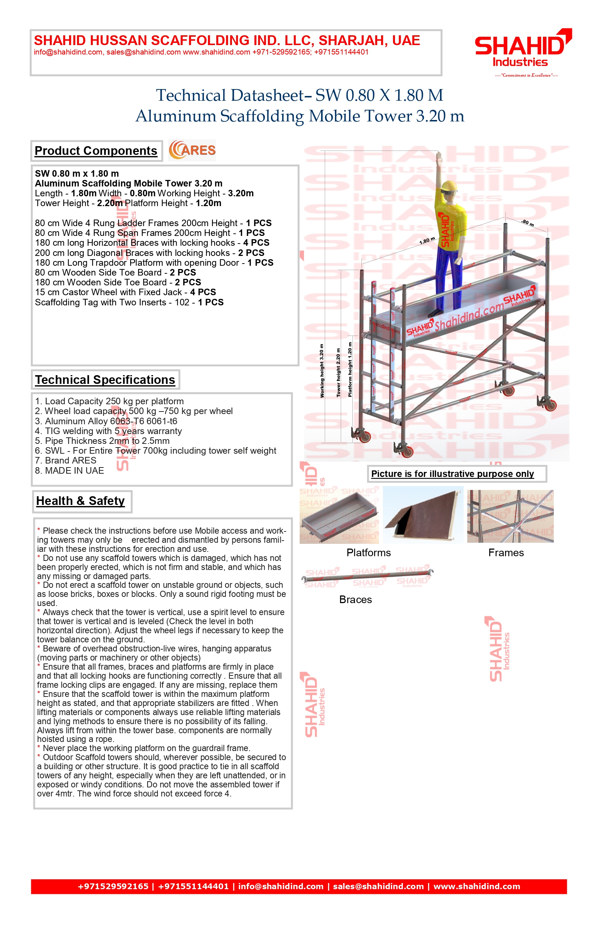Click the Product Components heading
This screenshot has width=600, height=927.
(96, 151)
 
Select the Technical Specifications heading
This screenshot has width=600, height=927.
(105, 380)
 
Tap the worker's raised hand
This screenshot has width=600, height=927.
(439, 157)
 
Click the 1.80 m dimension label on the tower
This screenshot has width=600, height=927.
(427, 241)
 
